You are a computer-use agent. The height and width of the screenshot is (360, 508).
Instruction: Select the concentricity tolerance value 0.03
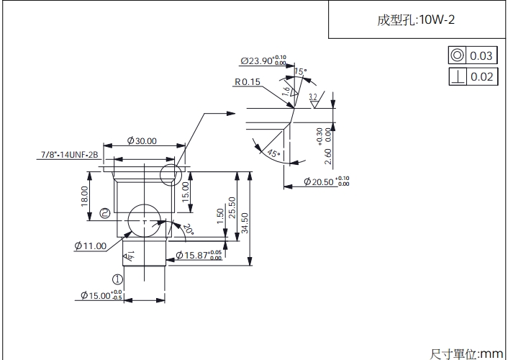point(481,56)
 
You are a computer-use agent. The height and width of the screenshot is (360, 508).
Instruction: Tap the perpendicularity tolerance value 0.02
point(481,76)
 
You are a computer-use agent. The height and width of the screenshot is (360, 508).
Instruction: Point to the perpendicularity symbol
point(456,76)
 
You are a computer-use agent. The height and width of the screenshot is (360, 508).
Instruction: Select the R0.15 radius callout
point(247,82)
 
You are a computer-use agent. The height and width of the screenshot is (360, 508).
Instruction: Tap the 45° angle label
point(273,153)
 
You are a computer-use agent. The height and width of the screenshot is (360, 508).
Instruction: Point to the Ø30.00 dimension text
point(142,141)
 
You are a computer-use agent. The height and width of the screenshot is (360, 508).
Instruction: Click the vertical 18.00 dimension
point(85,196)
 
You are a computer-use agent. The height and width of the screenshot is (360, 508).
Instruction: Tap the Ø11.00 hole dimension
point(90,246)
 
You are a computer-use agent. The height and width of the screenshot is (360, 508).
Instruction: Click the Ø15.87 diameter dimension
point(198,256)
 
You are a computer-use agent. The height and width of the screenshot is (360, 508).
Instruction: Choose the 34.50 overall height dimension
point(244,221)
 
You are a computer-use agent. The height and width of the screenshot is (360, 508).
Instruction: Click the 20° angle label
point(189,229)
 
